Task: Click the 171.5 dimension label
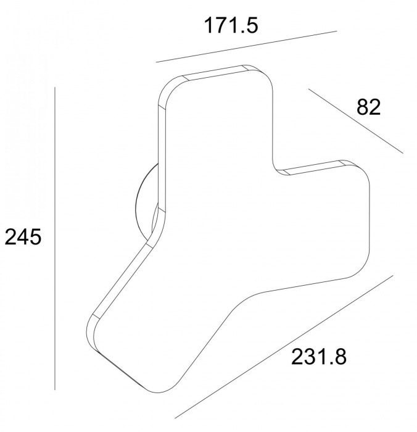coord(231,25)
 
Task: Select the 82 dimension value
coord(368,107)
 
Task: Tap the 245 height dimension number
coord(23,237)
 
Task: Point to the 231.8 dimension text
coord(319,357)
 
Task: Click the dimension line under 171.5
coord(247,46)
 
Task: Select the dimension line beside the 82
coord(355,121)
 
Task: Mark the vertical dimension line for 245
coord(55,239)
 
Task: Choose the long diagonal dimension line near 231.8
coord(284,347)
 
